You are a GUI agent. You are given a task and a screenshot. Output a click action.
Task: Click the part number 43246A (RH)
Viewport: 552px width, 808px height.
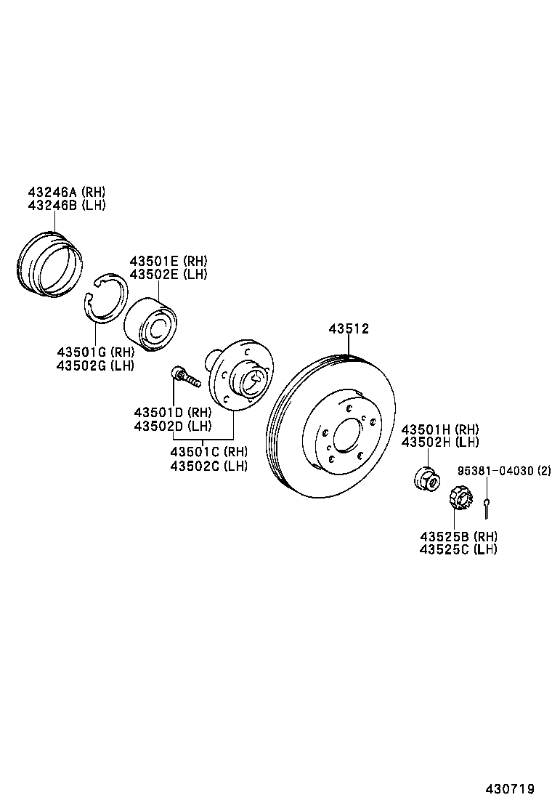pyautogui.click(x=66, y=192)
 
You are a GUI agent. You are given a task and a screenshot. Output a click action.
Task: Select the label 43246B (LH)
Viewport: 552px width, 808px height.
pyautogui.click(x=66, y=205)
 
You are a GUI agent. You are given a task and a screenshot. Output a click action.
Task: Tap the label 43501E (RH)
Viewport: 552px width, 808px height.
pyautogui.click(x=168, y=261)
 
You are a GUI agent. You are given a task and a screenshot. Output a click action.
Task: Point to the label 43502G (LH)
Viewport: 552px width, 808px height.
pyautogui.click(x=94, y=365)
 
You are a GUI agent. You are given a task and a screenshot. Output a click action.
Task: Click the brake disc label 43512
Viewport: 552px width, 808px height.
pyautogui.click(x=349, y=329)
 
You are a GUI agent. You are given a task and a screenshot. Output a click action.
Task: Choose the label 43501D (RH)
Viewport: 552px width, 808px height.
pyautogui.click(x=172, y=412)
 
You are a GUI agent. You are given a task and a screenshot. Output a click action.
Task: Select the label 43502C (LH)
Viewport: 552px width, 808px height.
pyautogui.click(x=208, y=465)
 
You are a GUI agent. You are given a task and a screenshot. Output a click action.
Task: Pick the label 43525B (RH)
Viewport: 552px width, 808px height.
pyautogui.click(x=458, y=536)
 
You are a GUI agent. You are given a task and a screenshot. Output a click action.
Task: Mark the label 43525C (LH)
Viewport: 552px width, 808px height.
pyautogui.click(x=458, y=549)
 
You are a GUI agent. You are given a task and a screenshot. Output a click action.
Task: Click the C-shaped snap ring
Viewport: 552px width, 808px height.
pyautogui.click(x=105, y=298)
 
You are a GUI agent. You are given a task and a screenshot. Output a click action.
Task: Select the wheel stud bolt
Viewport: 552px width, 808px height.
pyautogui.click(x=186, y=377)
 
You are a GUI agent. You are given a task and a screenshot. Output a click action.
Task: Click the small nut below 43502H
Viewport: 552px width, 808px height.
pyautogui.click(x=426, y=479)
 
